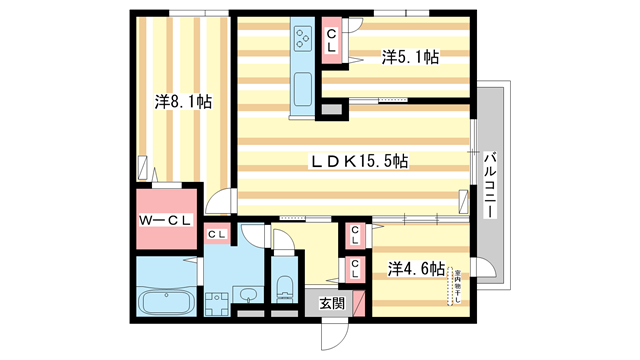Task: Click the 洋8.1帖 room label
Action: pyautogui.click(x=182, y=101)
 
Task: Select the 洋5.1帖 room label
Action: pyautogui.click(x=410, y=58)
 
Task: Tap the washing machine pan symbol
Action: pyautogui.click(x=214, y=301)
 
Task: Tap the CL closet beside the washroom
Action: pyautogui.click(x=217, y=234)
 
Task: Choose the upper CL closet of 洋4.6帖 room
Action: pyautogui.click(x=356, y=236)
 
